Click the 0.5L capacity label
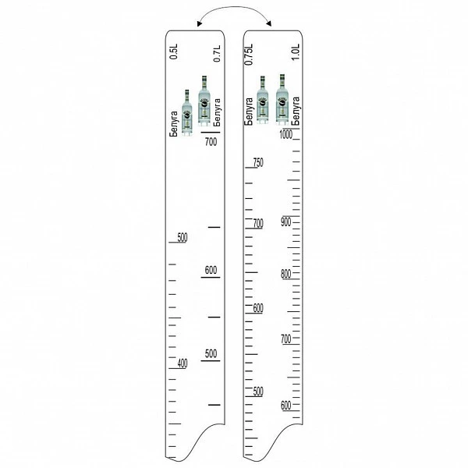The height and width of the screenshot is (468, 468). pyautogui.click(x=173, y=51)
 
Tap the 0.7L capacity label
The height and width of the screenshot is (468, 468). pyautogui.click(x=217, y=54)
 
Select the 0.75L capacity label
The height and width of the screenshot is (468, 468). pyautogui.click(x=249, y=55)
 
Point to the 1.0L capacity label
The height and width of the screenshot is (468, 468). pyautogui.click(x=295, y=52)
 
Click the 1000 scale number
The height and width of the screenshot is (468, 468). pyautogui.click(x=286, y=134)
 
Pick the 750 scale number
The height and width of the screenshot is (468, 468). pyautogui.click(x=258, y=162)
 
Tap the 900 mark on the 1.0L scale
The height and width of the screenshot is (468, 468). pyautogui.click(x=286, y=222)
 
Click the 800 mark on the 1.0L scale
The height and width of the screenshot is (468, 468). pyautogui.click(x=286, y=274)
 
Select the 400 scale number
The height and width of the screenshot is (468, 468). pyautogui.click(x=183, y=363)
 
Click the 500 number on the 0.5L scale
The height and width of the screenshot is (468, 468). pyautogui.click(x=183, y=238)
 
